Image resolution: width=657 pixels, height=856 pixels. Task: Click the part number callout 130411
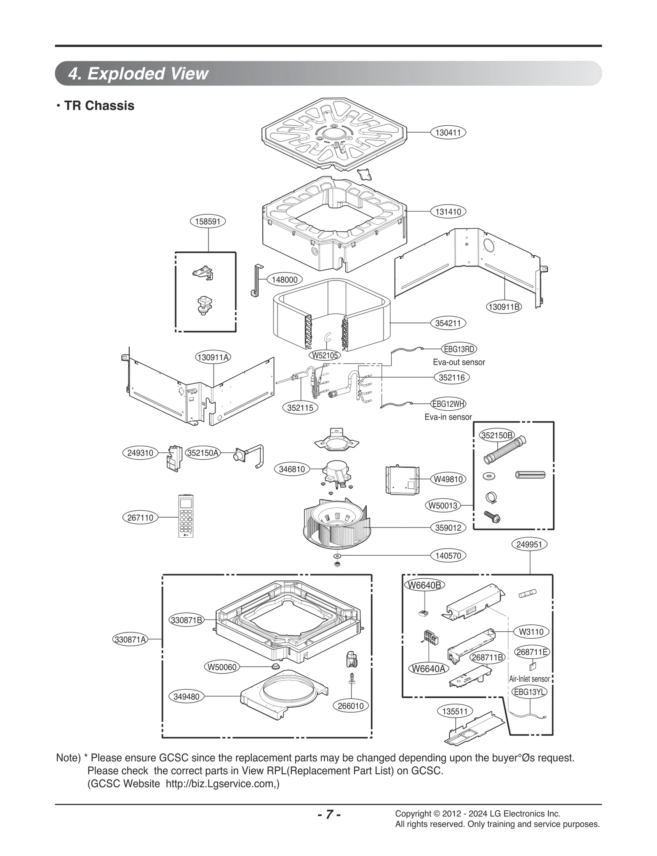(448, 133)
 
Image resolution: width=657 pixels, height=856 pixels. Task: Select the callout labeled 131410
(448, 212)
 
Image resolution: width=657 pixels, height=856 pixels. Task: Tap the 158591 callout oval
(208, 222)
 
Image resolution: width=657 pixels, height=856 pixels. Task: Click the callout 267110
(140, 518)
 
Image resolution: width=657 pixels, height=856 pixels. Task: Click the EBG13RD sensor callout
(459, 349)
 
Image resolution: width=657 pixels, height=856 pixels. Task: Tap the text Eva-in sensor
(448, 417)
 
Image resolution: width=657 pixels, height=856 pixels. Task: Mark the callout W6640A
(428, 669)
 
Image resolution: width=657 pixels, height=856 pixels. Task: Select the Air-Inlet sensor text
(529, 679)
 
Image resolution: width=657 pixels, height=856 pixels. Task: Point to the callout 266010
(350, 706)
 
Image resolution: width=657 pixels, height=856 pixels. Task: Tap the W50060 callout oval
(222, 667)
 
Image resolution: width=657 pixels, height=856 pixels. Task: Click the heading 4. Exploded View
(138, 74)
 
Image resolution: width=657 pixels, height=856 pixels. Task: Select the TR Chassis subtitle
(99, 106)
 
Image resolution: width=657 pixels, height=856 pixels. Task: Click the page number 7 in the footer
(328, 815)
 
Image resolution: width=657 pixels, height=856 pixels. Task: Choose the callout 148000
(285, 280)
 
